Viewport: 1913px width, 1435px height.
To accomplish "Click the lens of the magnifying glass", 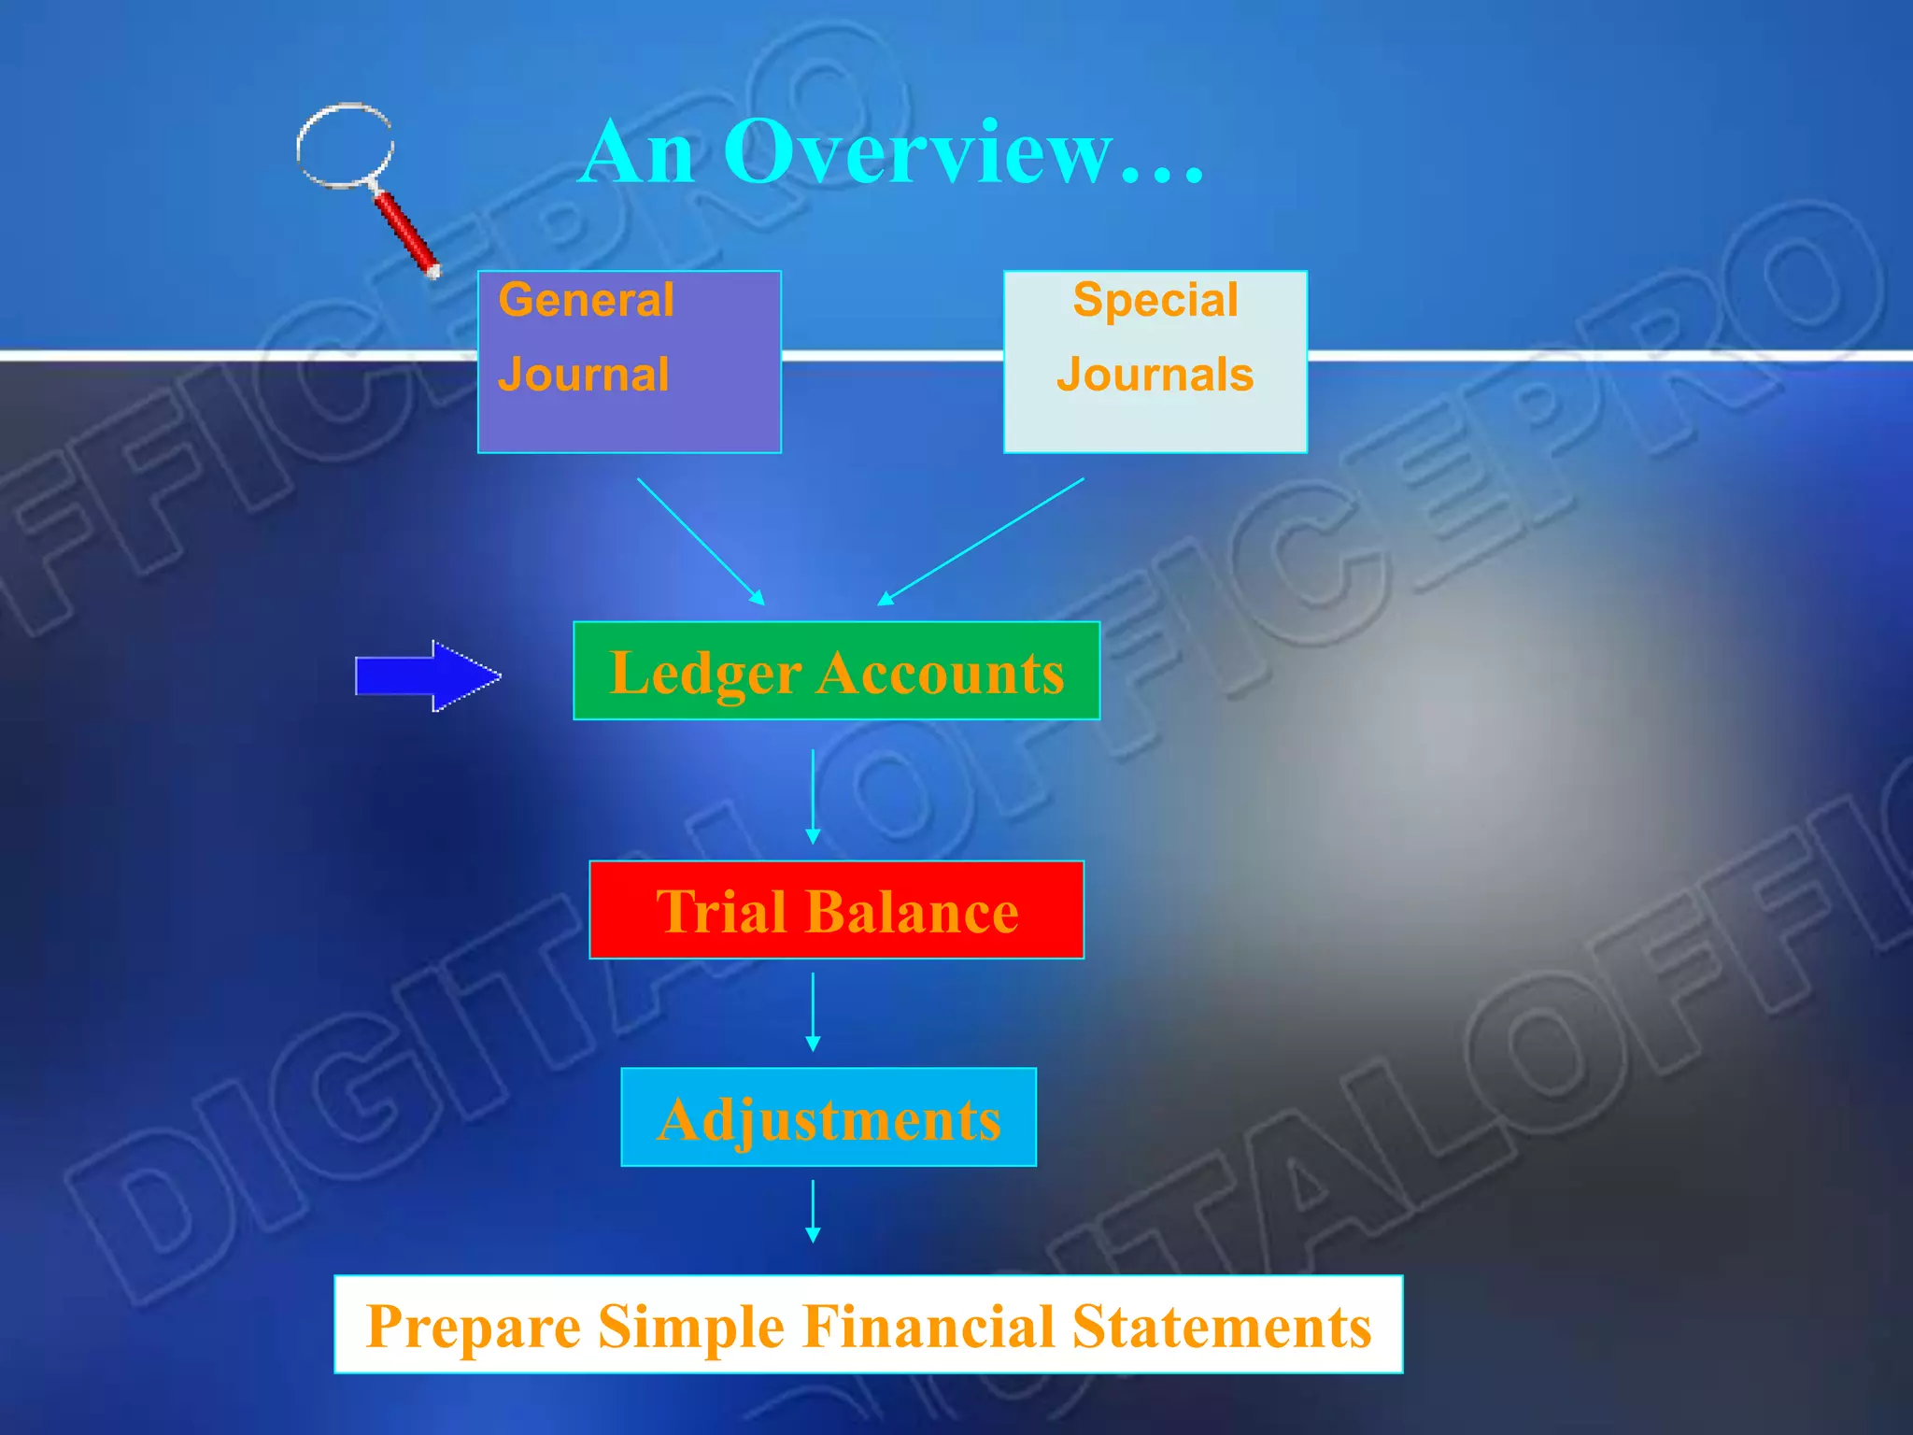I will click(x=345, y=146).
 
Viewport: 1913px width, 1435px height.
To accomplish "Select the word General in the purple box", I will click(x=586, y=301).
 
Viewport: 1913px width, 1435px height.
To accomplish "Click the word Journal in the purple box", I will click(x=583, y=375).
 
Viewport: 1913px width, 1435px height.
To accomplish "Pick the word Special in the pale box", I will click(x=1155, y=301).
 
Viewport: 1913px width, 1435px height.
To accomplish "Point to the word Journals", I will click(x=1155, y=375).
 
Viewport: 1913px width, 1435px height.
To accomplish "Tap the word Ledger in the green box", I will click(x=705, y=673).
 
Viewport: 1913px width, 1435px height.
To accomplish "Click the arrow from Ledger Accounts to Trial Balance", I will click(x=813, y=797).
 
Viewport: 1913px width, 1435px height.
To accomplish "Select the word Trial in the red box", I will click(x=720, y=912).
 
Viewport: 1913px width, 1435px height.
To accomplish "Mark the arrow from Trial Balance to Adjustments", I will click(x=813, y=1013).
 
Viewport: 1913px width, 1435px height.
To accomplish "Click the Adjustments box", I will click(x=829, y=1117).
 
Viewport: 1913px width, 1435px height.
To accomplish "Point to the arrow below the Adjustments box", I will click(x=813, y=1212).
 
